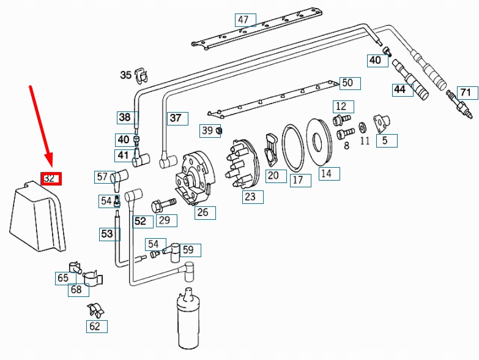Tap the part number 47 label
244,20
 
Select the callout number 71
467,93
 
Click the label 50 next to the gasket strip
347,83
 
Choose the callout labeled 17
298,180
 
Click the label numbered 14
326,174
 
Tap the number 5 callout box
385,141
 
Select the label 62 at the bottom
95,326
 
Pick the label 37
176,118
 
